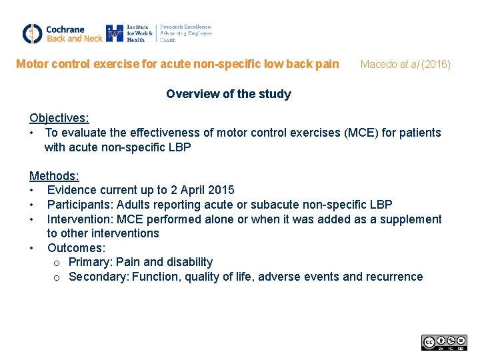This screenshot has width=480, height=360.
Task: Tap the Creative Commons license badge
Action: coord(444,343)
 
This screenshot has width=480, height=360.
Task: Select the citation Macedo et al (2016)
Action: coord(405,65)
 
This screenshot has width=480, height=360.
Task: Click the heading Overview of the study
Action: coord(228,94)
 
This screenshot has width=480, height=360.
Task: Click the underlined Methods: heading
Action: coord(54,176)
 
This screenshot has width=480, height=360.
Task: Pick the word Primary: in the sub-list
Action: coord(91,262)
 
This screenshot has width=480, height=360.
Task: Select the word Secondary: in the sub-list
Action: coord(99,277)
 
